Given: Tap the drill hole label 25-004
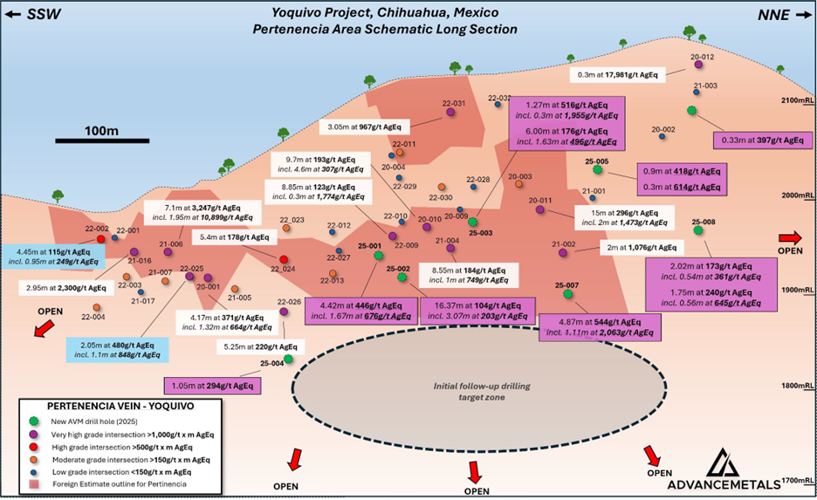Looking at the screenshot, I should coord(271,363).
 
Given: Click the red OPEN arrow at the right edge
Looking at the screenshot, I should coord(790,237).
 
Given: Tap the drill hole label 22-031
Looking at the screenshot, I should coord(453,104).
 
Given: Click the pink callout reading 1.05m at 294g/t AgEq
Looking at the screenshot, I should coord(211,385).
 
